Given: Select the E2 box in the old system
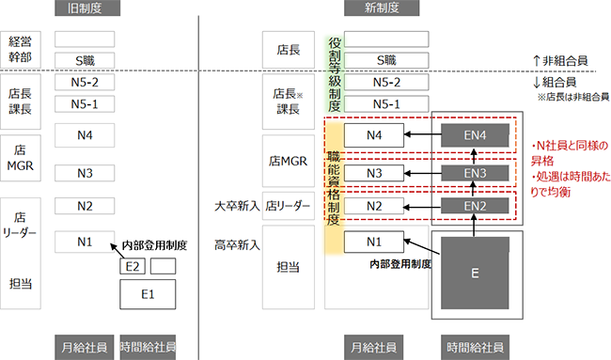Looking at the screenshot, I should pyautogui.click(x=133, y=266).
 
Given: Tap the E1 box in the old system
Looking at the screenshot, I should pyautogui.click(x=148, y=293).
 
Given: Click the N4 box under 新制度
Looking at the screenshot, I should pyautogui.click(x=374, y=135).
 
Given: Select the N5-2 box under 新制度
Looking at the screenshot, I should pyautogui.click(x=378, y=82).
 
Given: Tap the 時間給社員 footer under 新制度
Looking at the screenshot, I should pyautogui.click(x=476, y=346).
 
